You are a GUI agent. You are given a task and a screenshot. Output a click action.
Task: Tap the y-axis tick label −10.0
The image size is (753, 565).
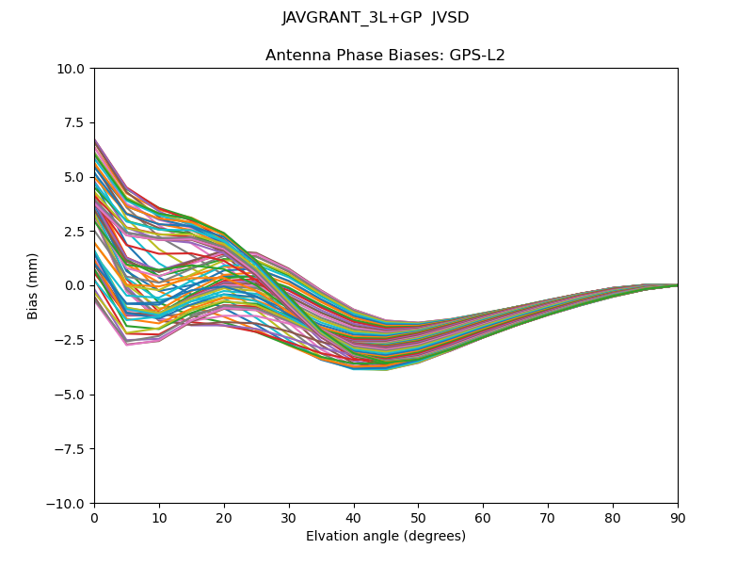(67, 504)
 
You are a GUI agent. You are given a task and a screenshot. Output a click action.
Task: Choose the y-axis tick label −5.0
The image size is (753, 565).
(71, 395)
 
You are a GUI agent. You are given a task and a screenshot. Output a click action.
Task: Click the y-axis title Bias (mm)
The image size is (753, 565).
(33, 286)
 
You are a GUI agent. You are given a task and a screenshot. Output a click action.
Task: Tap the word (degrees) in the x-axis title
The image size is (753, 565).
(432, 537)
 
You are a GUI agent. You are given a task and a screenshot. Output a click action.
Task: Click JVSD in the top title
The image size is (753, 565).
(450, 18)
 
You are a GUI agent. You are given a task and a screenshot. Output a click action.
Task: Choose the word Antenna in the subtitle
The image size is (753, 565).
(296, 56)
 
